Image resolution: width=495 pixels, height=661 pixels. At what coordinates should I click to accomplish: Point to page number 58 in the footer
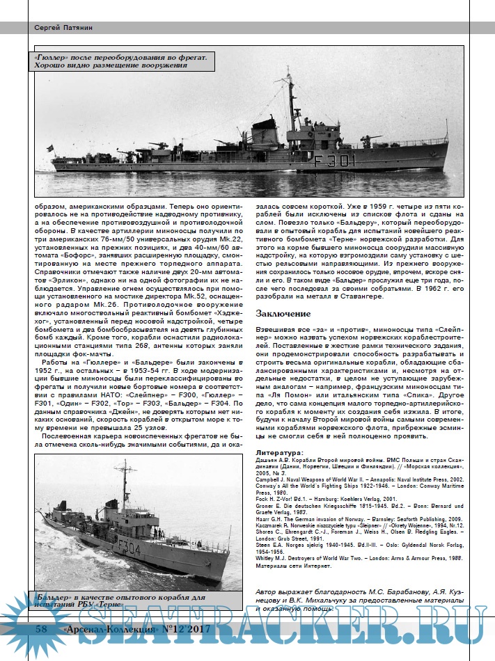[41, 630]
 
